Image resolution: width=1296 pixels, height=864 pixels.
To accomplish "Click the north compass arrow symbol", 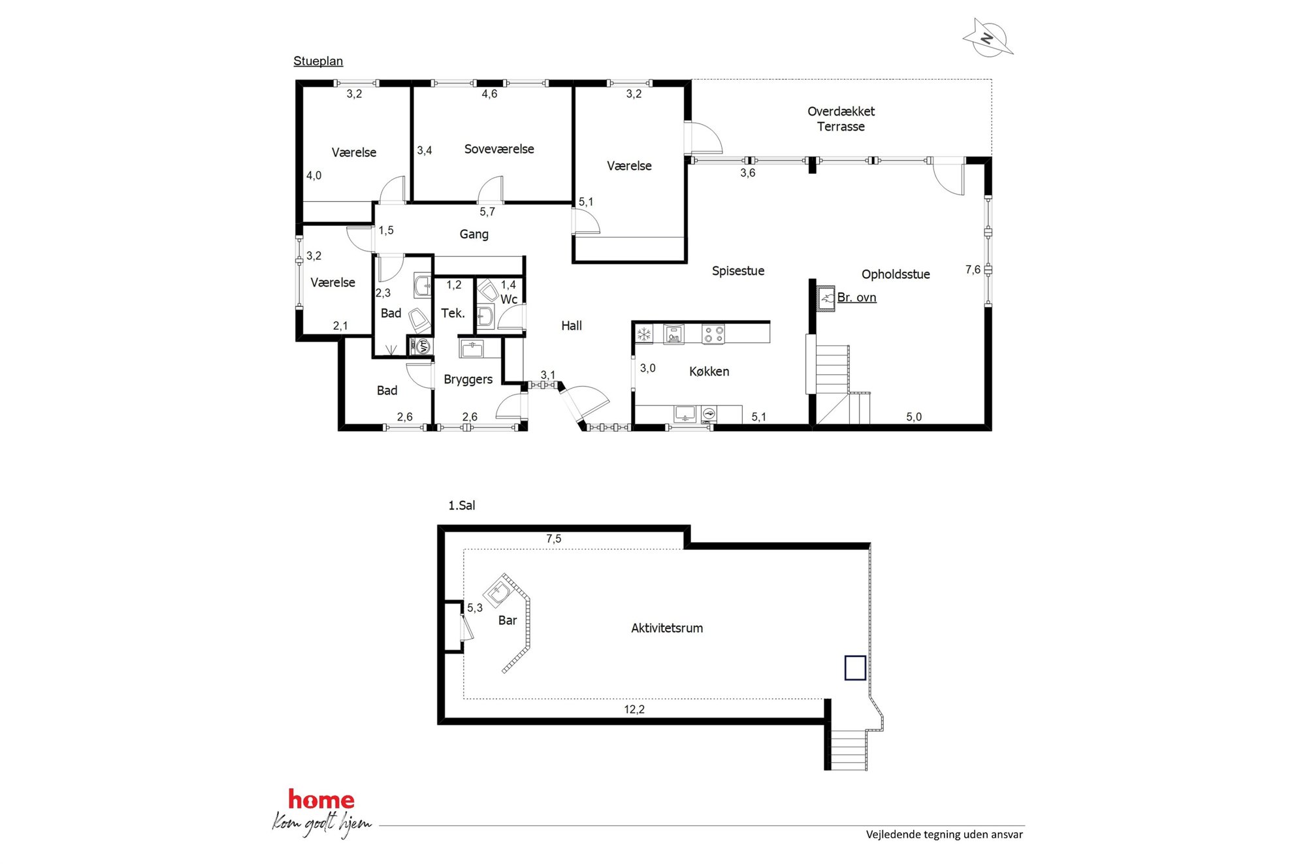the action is click(x=988, y=38).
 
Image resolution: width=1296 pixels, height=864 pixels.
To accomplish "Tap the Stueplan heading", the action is click(x=318, y=61).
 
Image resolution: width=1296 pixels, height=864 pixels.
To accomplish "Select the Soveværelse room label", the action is click(x=499, y=149).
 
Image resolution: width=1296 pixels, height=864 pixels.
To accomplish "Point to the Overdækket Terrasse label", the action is click(x=841, y=119).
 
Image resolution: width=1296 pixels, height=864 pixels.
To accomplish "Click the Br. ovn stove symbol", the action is click(x=826, y=298).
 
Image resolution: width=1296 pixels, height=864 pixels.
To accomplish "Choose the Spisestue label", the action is click(x=738, y=271).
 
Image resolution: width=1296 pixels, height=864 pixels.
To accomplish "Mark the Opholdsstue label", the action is click(x=896, y=274).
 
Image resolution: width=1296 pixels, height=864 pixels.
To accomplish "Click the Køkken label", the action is click(x=709, y=372).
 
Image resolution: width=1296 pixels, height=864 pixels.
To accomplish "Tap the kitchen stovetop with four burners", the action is click(x=713, y=334).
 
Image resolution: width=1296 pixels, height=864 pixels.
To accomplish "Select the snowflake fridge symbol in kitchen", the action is click(x=644, y=334).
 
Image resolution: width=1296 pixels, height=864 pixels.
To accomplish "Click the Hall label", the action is click(x=572, y=326).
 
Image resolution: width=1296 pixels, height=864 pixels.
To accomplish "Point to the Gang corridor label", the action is click(x=474, y=234).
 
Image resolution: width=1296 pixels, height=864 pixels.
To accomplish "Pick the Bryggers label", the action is click(x=468, y=379).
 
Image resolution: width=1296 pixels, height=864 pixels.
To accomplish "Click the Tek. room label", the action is click(x=453, y=313).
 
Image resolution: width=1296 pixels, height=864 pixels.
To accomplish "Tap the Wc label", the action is click(x=509, y=300).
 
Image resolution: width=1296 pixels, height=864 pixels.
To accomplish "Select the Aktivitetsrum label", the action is click(x=667, y=628).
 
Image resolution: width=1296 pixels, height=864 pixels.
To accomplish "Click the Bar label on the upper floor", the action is click(x=508, y=620).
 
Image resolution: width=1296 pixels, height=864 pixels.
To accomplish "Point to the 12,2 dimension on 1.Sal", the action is click(x=634, y=709).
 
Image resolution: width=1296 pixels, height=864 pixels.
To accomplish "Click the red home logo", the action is click(x=321, y=799).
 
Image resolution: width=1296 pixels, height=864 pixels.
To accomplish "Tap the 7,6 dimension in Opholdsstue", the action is click(x=973, y=270).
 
